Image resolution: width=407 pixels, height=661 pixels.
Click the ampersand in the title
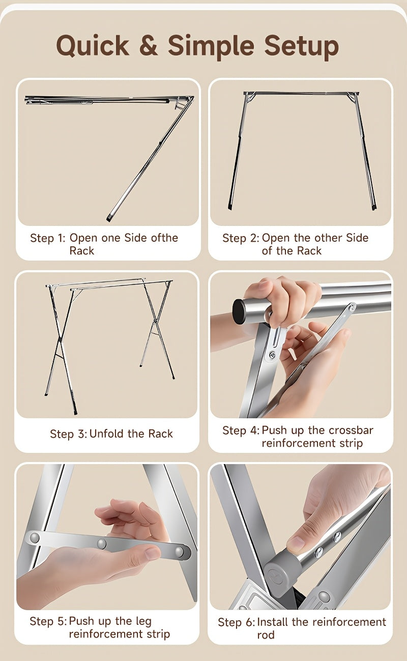[x=149, y=45]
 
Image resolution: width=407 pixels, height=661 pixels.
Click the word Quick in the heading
[x=93, y=46]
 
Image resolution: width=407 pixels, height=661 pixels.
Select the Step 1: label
[x=48, y=238]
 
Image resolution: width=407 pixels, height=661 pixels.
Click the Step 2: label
[x=241, y=238]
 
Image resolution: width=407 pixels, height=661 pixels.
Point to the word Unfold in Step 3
[x=106, y=434]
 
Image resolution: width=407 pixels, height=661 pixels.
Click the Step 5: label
[x=48, y=621]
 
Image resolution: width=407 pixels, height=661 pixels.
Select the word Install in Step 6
[x=273, y=622]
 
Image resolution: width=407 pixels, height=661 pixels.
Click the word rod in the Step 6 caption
[x=266, y=635]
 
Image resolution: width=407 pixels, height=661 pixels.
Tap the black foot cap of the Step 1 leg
[x=109, y=219]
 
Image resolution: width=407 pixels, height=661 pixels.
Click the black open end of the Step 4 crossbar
[x=239, y=310]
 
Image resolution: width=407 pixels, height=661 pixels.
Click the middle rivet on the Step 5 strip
[x=102, y=543]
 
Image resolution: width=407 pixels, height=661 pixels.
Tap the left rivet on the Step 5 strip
[x=35, y=537]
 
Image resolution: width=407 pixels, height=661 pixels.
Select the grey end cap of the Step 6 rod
[x=282, y=571]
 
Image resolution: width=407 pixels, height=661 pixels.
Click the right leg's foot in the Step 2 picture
[x=373, y=208]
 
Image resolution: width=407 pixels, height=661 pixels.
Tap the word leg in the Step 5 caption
[x=143, y=621]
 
